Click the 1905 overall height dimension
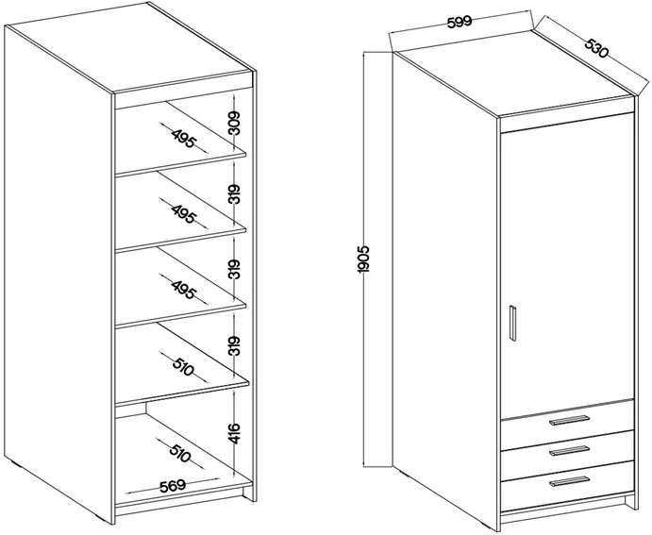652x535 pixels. tap(363, 259)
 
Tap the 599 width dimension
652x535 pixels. tap(460, 21)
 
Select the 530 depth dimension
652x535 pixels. tap(596, 48)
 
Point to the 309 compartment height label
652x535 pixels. tap(235, 123)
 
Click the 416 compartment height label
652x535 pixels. tap(235, 433)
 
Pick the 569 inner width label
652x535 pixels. tap(172, 486)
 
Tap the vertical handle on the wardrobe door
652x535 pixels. tap(513, 324)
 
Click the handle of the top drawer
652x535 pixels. tap(569, 420)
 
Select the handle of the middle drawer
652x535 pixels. tap(569, 450)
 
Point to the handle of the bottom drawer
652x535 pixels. tap(569, 481)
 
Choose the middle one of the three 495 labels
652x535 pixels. tap(183, 214)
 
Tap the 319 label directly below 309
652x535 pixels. tap(235, 193)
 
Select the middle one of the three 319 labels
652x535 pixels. tap(235, 269)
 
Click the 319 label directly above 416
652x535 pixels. tap(235, 345)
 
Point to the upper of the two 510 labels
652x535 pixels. tap(183, 365)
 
